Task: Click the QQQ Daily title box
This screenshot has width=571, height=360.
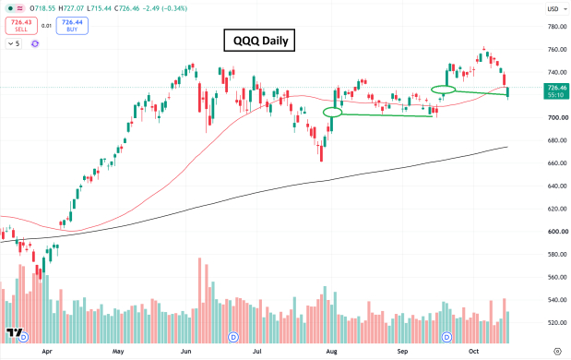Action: [259, 40]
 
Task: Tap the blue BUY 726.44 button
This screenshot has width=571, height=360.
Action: [72, 26]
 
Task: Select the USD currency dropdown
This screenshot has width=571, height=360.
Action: [556, 8]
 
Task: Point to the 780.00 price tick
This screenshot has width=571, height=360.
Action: [557, 27]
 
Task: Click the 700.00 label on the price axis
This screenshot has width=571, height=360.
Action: [557, 118]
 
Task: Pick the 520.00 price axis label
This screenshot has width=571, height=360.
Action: [557, 323]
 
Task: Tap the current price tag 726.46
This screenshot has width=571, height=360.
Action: [555, 91]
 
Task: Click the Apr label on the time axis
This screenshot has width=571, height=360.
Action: [47, 352]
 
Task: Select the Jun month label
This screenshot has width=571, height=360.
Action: [185, 352]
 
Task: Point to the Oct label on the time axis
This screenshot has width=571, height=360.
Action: [473, 352]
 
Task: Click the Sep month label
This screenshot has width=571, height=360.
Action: [402, 352]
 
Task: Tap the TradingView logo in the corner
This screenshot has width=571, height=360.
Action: [14, 332]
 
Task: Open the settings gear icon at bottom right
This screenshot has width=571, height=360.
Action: [557, 352]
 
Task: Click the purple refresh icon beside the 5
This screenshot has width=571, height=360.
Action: [35, 43]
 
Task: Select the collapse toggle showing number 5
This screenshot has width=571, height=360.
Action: [14, 43]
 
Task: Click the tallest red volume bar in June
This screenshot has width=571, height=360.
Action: [199, 301]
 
